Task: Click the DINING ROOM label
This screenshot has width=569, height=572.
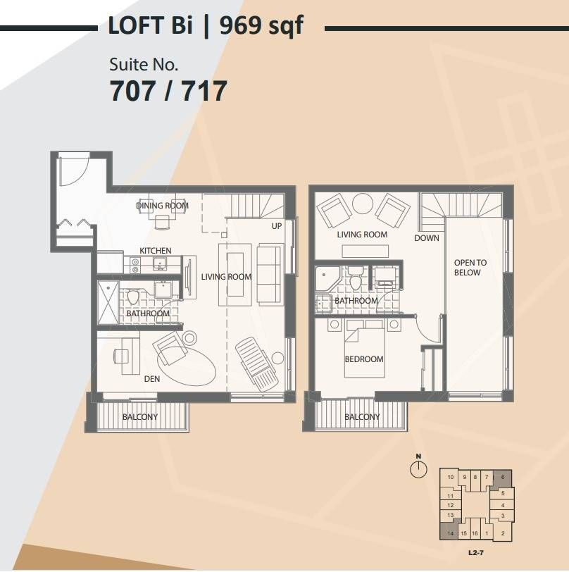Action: point(162,206)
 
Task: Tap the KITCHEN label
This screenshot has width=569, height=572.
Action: point(156,251)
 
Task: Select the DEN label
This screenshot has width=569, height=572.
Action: point(151,379)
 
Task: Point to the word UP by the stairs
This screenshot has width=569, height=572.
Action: point(277,226)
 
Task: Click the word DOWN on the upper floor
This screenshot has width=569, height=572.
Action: point(426,238)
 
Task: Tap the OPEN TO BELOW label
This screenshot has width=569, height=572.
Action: point(470,268)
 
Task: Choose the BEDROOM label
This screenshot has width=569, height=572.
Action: point(364,359)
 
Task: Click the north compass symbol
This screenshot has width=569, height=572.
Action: point(419,466)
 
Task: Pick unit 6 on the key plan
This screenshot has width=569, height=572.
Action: point(503,477)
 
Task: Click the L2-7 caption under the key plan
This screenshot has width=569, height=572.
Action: point(475,553)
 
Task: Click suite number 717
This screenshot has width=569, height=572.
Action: point(204,90)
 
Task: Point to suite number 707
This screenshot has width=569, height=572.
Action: point(132,90)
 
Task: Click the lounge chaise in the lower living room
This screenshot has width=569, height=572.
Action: point(256,363)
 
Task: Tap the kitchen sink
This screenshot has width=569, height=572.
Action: point(160,263)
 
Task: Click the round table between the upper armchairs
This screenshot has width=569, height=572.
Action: point(362,203)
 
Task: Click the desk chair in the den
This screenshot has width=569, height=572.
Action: point(121,356)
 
